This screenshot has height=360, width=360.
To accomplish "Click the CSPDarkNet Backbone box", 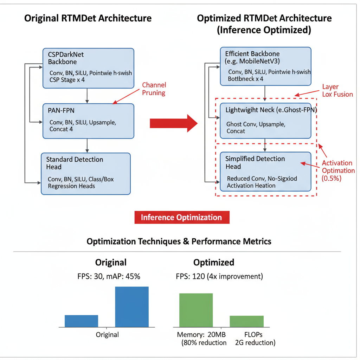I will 88,68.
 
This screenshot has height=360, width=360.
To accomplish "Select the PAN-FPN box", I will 88,121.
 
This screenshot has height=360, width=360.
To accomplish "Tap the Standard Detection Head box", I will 85,173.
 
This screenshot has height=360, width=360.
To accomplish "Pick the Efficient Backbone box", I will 265,66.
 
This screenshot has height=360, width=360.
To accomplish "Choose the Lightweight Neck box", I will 265,121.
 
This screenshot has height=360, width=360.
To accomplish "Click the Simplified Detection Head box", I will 265,172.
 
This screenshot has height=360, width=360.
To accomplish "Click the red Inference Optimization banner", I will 182,217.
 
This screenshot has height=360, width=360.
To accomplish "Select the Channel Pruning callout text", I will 154,89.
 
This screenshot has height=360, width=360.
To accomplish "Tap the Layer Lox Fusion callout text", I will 337,90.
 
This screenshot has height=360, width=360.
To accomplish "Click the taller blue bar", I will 132,307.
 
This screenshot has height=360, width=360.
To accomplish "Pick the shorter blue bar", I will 81,321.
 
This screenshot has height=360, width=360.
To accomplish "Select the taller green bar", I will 196,310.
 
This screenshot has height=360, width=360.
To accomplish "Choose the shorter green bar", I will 246,321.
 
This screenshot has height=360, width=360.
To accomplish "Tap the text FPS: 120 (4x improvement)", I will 219,276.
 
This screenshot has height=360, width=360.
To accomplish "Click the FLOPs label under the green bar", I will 253,334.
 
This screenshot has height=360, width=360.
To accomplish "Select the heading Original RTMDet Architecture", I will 88,18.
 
